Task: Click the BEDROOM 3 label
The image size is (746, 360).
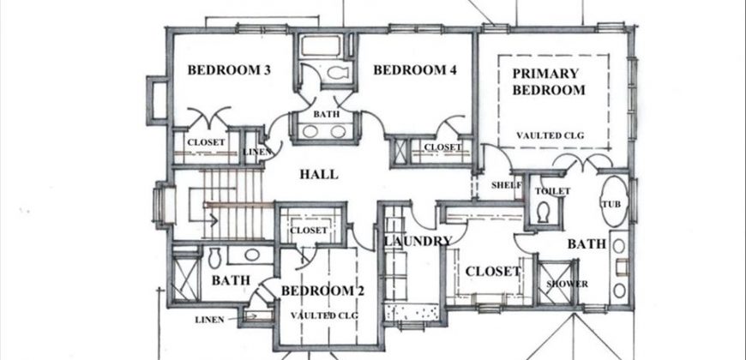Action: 229,70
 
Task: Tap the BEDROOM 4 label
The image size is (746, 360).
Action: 415,70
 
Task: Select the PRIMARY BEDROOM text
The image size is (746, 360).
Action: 549,81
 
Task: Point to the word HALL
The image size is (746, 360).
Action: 319,174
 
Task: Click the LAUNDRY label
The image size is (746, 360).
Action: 418,241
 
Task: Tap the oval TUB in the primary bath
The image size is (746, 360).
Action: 614,201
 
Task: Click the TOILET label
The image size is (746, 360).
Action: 552,191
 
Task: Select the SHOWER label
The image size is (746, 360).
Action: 567,284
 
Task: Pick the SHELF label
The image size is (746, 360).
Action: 507,185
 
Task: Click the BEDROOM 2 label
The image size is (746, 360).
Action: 322,291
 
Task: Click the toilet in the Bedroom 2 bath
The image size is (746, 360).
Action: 214,257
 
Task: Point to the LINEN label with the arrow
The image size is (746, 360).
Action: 209,320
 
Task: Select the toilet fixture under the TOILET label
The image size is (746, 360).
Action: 543,212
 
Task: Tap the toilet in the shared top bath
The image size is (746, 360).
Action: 337,73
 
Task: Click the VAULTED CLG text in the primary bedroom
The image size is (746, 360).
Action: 550,135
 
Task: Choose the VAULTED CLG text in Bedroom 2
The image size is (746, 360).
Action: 324,315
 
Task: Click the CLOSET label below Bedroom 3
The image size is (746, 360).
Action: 206,142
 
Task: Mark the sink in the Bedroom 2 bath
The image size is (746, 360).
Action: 251,255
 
